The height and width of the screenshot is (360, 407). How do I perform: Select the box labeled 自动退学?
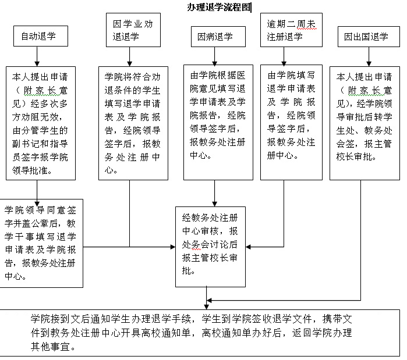point(40,37)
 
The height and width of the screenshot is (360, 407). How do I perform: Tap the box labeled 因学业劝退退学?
point(133,30)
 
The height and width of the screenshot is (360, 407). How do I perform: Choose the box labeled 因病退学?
point(215,37)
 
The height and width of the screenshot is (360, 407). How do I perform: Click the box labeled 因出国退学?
point(366,37)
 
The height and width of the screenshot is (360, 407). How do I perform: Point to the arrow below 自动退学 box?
point(37,56)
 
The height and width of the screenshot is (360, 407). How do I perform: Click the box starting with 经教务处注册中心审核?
point(210,246)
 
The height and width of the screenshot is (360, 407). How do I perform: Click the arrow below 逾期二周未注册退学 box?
point(284,56)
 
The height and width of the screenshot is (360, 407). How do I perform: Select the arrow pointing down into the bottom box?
point(206,304)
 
